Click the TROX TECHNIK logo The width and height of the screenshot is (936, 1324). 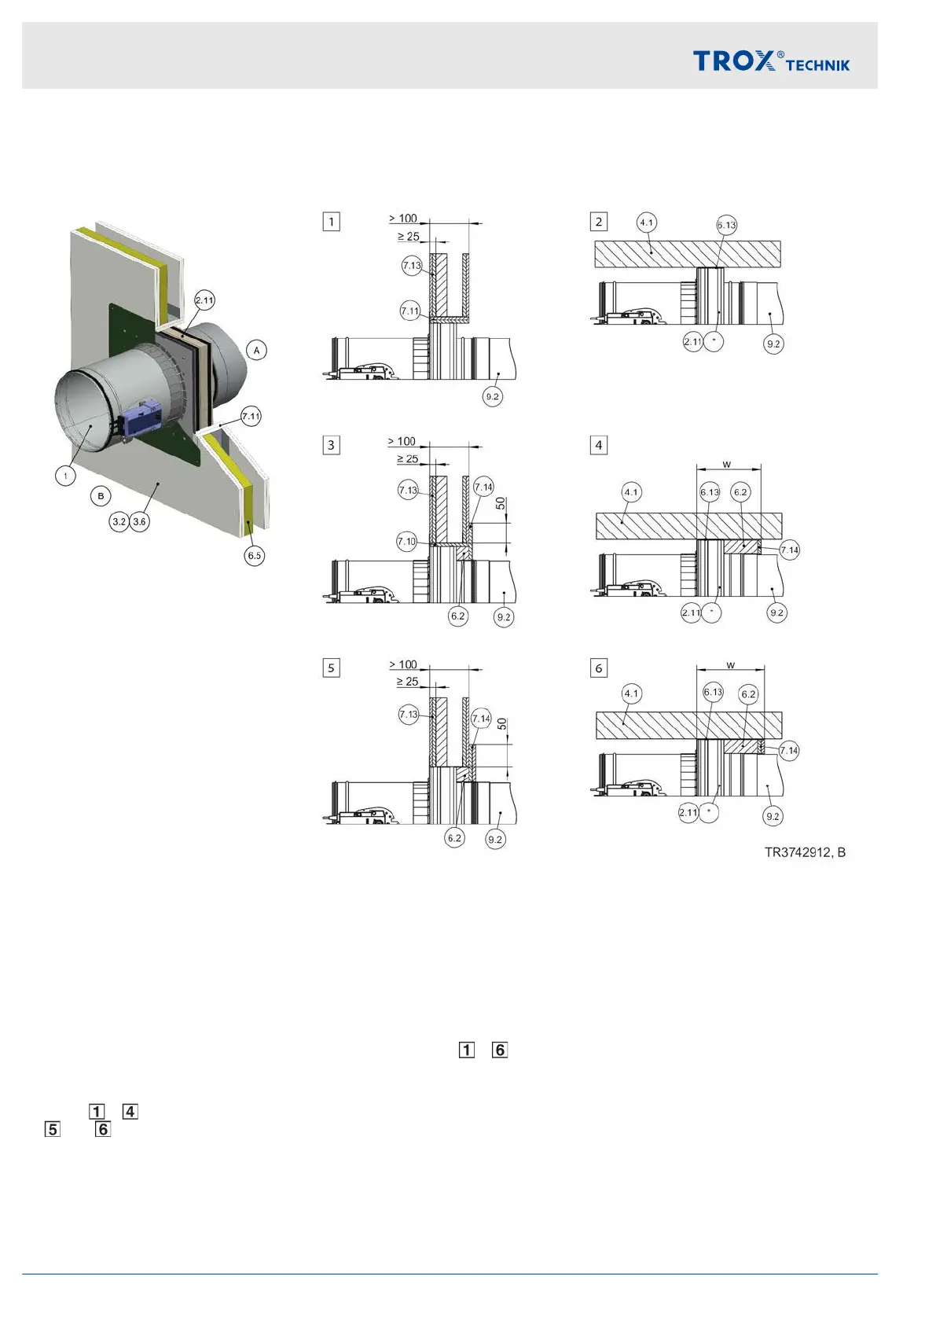coord(770,61)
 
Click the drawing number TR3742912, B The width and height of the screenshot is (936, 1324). coord(805,852)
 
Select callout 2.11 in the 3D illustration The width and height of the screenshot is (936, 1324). coord(204,300)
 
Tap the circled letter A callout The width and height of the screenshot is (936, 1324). coord(256,350)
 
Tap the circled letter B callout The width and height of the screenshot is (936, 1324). coord(101,496)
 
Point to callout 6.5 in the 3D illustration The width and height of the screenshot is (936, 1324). coord(255,556)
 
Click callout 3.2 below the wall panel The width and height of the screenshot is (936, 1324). coord(119,521)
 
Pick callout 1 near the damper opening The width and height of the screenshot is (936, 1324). coord(65,476)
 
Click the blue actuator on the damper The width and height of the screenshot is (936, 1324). coord(139,416)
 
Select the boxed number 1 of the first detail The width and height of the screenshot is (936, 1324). coord(332,222)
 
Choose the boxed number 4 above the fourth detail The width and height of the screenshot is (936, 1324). coord(599,445)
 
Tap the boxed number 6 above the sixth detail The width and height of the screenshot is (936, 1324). coord(599,668)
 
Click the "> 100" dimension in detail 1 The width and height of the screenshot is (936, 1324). coord(403,219)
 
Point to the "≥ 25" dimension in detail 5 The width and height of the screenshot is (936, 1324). coord(407,682)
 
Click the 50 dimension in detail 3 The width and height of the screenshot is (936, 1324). coord(501,503)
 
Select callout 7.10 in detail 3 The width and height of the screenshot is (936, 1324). coord(406,542)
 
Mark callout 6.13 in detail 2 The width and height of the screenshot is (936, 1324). coord(727,225)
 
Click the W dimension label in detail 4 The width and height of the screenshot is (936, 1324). coord(727,464)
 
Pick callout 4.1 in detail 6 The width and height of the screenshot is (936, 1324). coord(631,693)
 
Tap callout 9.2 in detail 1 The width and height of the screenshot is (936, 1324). coord(492,397)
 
